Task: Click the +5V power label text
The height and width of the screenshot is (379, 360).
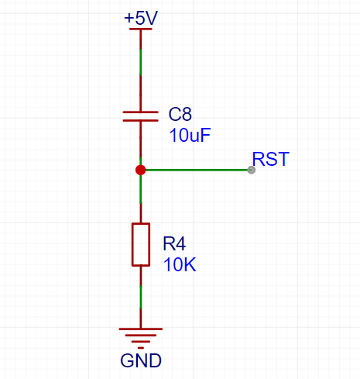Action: click(x=141, y=18)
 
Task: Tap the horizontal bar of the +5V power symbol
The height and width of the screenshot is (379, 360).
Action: click(x=141, y=29)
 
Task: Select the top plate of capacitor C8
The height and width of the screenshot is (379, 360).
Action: click(x=141, y=112)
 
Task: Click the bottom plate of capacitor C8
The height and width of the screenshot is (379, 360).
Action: click(x=141, y=121)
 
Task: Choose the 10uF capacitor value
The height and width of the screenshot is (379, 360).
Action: click(x=190, y=135)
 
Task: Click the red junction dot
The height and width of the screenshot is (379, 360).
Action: click(x=140, y=170)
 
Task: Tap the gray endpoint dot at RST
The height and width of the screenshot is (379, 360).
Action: click(x=251, y=170)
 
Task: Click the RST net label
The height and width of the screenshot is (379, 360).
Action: click(x=271, y=160)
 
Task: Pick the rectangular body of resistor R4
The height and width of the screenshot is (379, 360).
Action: click(x=140, y=244)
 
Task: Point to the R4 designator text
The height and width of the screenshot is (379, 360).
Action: click(x=175, y=244)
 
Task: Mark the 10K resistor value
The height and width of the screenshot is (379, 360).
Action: click(x=180, y=264)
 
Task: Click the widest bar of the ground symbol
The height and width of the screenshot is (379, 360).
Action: click(x=140, y=329)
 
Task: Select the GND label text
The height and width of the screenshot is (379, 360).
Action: click(x=141, y=361)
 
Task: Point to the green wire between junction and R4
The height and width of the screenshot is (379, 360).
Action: click(x=140, y=188)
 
